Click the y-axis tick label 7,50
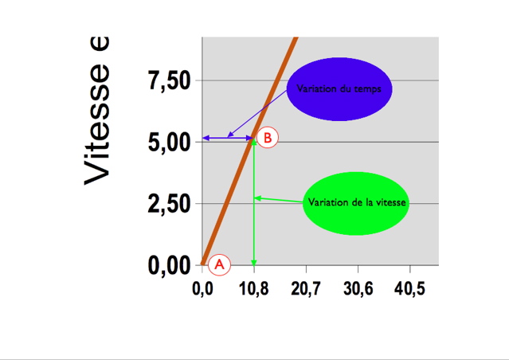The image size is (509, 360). (x=170, y=81)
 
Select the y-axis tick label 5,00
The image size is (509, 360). (x=170, y=143)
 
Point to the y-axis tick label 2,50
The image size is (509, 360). (x=170, y=205)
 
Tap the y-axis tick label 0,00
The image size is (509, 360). (x=170, y=266)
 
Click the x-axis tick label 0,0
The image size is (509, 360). (x=202, y=288)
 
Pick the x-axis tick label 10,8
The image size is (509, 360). (x=254, y=288)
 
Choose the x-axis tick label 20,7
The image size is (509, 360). (x=306, y=288)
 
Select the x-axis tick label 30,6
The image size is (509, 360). (x=358, y=288)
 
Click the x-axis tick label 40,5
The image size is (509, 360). (x=409, y=288)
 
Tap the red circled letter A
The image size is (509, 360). (x=220, y=263)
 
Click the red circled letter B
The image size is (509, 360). (x=268, y=138)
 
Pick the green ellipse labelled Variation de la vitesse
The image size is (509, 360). (x=357, y=203)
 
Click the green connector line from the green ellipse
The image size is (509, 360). (x=279, y=200)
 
